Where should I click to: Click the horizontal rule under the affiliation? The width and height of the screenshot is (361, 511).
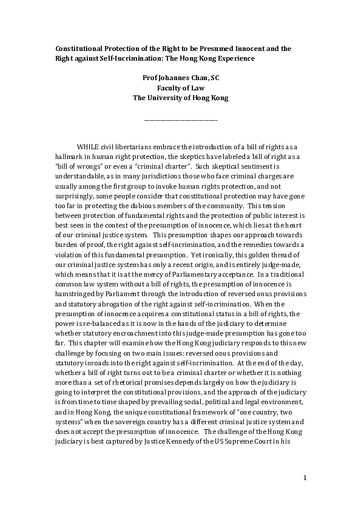point(180,120)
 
